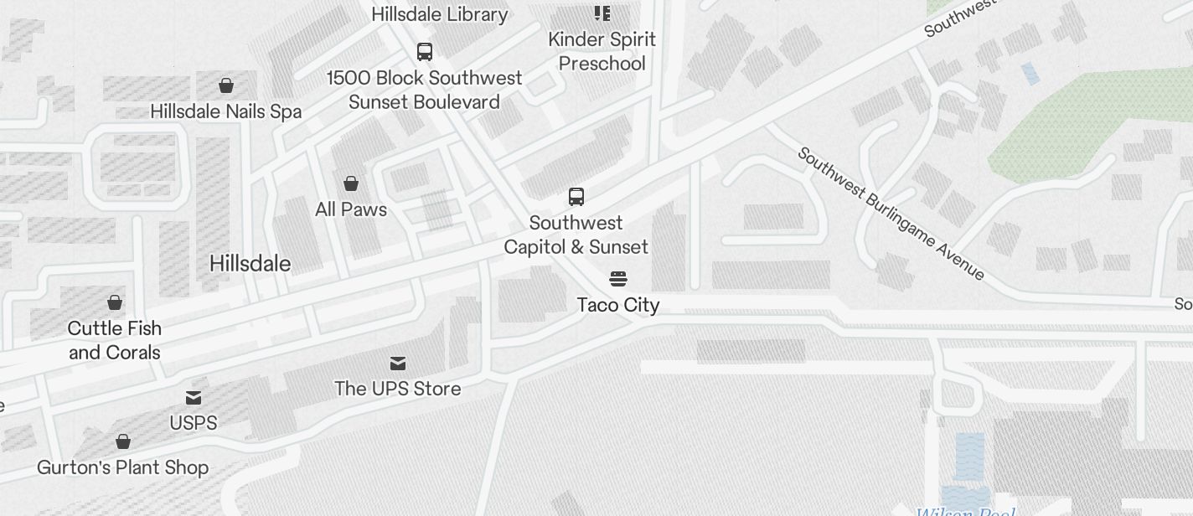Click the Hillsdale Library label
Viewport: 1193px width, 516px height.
click(x=439, y=14)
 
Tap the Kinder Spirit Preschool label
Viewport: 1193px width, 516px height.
click(x=602, y=51)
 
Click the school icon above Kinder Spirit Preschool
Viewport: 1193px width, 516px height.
click(x=602, y=13)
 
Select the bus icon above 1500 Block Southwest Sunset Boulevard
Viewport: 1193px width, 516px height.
click(x=425, y=52)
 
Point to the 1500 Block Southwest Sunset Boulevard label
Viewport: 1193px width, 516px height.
click(x=424, y=90)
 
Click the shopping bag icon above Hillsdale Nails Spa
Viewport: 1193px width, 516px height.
click(x=225, y=85)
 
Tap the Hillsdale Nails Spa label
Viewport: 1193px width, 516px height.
click(x=225, y=111)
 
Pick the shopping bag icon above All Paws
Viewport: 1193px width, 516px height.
click(x=351, y=183)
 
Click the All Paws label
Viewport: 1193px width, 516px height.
click(x=351, y=209)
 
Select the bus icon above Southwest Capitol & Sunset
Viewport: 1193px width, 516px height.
click(x=576, y=197)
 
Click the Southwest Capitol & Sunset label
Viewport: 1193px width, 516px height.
click(x=576, y=235)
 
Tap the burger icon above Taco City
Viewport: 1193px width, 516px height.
click(x=618, y=279)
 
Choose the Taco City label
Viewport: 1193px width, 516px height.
click(x=618, y=305)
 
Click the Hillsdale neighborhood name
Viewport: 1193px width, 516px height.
click(x=250, y=263)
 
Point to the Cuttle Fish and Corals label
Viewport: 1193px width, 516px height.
click(x=115, y=340)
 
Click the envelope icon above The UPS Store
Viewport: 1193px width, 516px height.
click(x=398, y=363)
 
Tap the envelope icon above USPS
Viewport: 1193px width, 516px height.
click(x=194, y=397)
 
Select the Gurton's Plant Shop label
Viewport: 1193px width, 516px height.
click(x=122, y=467)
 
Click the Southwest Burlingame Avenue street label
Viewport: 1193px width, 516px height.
click(x=891, y=214)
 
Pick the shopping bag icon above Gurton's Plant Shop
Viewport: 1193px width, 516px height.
click(x=123, y=441)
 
